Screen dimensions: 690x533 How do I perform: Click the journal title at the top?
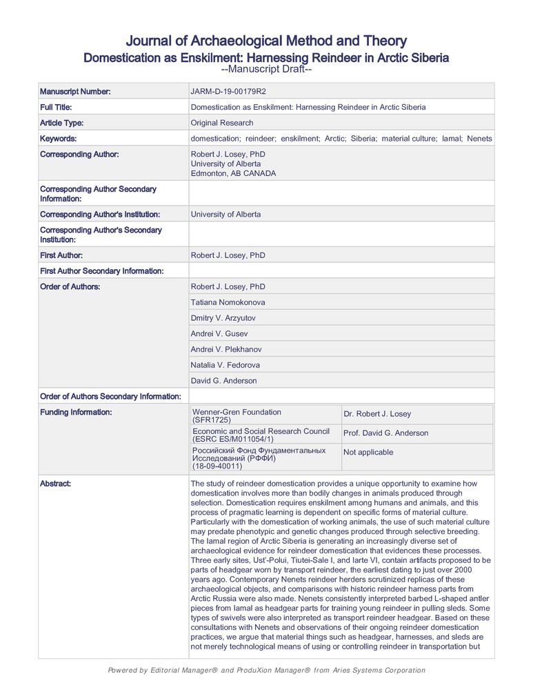pos(266,41)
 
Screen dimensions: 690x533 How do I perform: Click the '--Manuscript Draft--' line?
pos(266,70)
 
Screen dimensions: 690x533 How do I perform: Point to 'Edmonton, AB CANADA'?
pos(233,174)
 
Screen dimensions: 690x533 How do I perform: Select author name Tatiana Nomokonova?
pos(228,302)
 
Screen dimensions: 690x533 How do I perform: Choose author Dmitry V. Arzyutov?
pos(226,318)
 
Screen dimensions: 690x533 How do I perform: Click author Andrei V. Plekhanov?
pos(225,350)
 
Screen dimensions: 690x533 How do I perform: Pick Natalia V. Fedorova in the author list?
pos(225,365)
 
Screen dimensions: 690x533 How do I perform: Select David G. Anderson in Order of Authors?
pos(225,381)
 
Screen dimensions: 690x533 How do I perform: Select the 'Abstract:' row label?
pos(55,484)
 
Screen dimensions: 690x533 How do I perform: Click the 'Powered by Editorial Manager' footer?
pos(266,671)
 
